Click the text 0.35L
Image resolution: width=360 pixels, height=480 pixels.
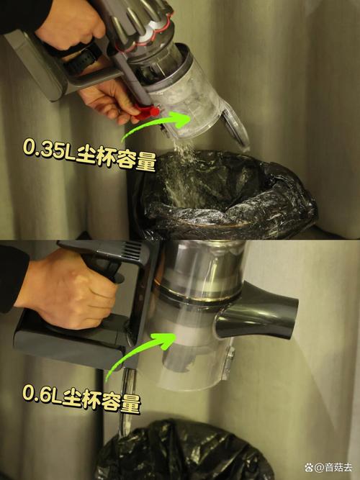[x=49, y=149]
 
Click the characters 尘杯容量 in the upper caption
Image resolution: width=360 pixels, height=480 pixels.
[x=116, y=158]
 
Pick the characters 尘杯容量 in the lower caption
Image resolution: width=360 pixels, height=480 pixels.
[x=102, y=400]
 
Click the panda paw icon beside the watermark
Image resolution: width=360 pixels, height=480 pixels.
[x=309, y=468]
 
